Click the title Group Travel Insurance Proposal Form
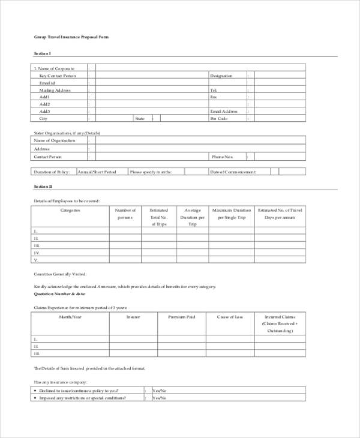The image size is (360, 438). point(71,37)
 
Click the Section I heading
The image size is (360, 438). point(43,54)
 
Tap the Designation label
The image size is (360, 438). point(221,76)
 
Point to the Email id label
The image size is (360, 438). point(48,83)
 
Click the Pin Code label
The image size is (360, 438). point(218,119)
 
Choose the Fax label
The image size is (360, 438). point(213,97)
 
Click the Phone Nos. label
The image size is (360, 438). point(221,157)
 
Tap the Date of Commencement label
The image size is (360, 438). point(233,172)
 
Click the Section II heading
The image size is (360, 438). point(43,187)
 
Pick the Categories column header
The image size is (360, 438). point(70,211)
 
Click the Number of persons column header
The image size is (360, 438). point(125,214)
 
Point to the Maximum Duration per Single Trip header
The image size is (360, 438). point(231,214)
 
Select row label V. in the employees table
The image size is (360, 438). point(37,260)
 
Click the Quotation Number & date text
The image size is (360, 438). point(60,294)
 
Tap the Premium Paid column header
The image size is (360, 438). point(181,316)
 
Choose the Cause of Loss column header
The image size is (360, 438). point(230,316)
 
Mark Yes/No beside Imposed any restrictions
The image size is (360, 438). point(159,398)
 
